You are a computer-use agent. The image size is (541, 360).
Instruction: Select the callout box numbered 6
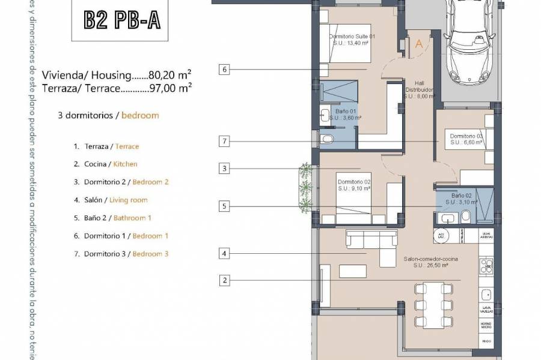tap(224, 70)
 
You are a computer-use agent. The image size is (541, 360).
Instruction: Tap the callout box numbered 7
tap(224, 142)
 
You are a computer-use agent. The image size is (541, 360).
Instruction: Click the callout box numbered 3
tap(224, 169)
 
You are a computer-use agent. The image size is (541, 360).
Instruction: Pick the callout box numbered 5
tap(224, 207)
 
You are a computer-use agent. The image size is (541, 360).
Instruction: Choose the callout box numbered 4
tap(224, 254)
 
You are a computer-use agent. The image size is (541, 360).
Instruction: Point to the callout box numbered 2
tap(224, 280)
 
